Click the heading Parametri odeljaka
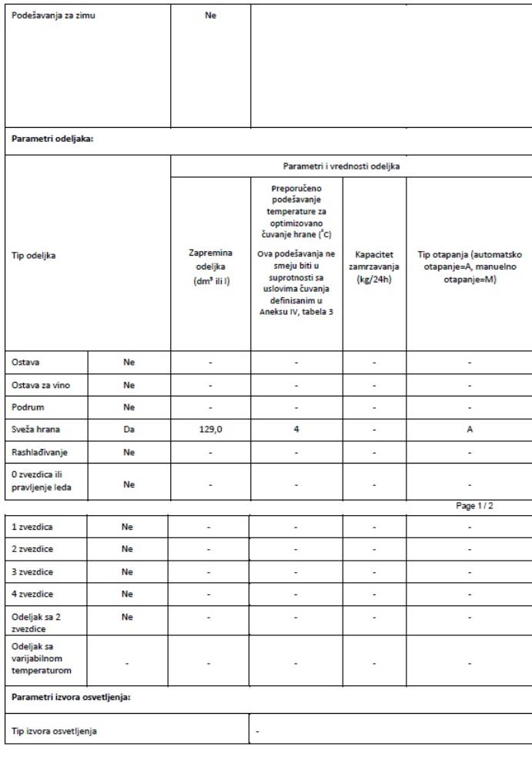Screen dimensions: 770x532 pyautogui.click(x=51, y=140)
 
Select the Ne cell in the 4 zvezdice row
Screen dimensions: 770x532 pyautogui.click(x=129, y=594)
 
